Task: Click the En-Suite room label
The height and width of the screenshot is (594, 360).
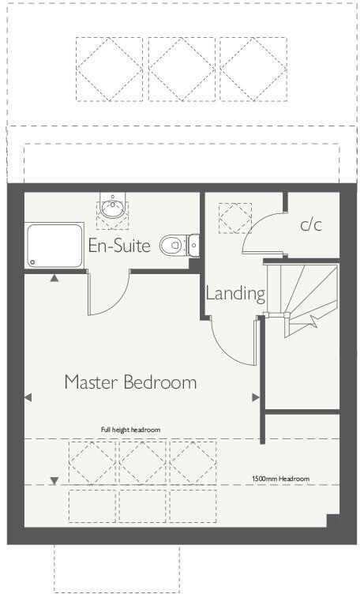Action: tap(119, 245)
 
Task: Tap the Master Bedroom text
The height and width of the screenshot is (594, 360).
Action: tap(130, 382)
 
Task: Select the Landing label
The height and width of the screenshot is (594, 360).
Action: tap(234, 293)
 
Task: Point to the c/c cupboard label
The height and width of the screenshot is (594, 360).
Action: tap(311, 224)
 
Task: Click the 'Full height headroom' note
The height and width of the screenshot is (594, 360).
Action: tap(130, 430)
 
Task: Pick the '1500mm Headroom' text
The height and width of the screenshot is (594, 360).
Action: tap(280, 479)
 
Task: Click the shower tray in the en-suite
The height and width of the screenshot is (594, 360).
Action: tap(54, 245)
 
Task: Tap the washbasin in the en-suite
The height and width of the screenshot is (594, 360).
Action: tap(113, 209)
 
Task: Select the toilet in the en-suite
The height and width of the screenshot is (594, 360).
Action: tap(175, 246)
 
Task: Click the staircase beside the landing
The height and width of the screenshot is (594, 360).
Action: tap(304, 300)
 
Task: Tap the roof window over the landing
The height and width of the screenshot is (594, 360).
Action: tap(234, 217)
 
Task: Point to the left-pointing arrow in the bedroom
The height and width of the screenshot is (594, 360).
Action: tap(28, 397)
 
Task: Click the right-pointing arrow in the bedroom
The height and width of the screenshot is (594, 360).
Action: tap(254, 397)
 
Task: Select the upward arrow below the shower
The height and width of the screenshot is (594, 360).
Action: tap(54, 278)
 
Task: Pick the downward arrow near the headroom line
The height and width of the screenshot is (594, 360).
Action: tap(54, 480)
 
